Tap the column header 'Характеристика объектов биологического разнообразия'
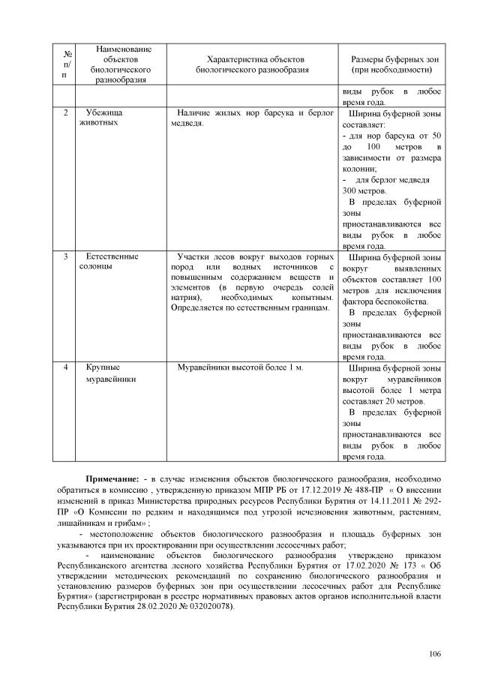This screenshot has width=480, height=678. click(x=251, y=64)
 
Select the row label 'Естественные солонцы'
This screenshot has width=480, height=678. click(x=111, y=262)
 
